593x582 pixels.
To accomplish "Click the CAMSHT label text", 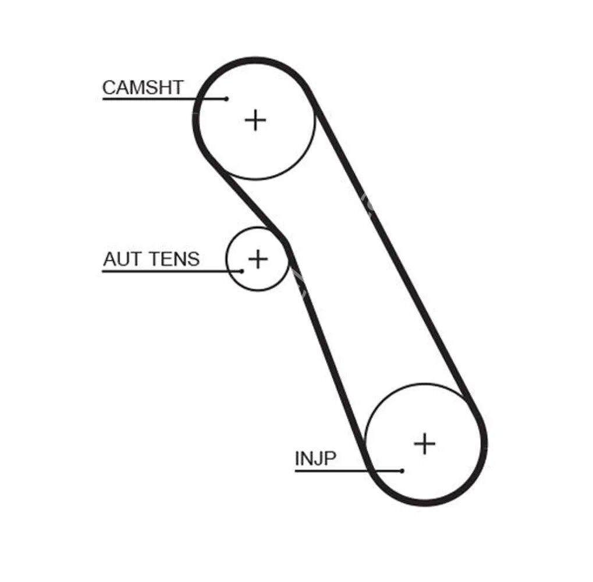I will coord(143,87).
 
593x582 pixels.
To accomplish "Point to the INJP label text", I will coord(315,459).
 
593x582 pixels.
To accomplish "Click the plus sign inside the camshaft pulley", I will coord(255,120).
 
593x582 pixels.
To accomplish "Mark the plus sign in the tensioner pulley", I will coord(257,258).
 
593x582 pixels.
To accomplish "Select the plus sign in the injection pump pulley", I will coord(425,443).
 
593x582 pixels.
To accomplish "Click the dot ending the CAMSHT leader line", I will coord(226,98).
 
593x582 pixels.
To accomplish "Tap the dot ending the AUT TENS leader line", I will coord(242,271).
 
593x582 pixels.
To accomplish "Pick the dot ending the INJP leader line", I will coord(402,470).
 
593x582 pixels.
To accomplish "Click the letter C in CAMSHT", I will coord(108,87).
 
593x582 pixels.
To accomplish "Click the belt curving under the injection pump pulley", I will coord(431,502).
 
